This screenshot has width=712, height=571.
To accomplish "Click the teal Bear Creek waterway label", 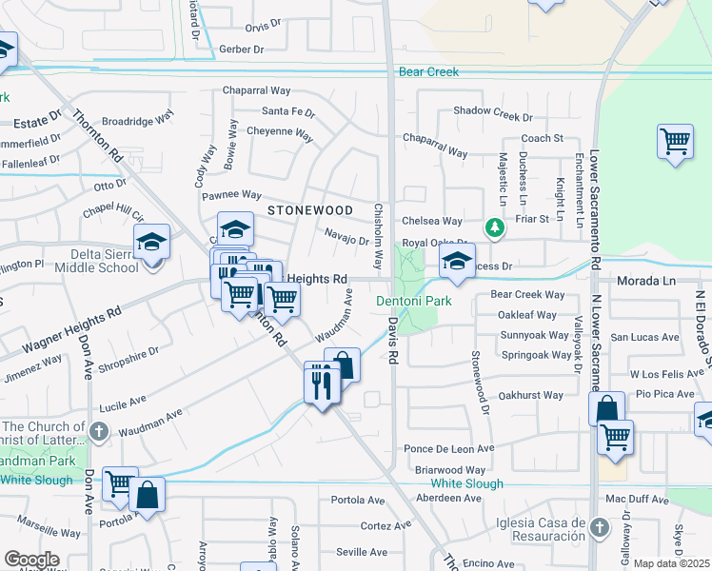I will (428, 72).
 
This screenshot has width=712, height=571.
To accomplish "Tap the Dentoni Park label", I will (414, 302).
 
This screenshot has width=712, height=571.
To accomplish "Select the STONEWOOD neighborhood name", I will (309, 209).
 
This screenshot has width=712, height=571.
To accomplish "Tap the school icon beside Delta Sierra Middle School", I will (151, 243).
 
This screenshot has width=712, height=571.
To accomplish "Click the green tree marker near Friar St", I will (494, 227).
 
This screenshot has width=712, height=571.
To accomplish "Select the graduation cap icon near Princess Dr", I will (457, 263).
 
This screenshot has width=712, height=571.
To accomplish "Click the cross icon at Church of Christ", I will (98, 431).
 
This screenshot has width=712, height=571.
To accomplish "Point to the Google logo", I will (31, 560).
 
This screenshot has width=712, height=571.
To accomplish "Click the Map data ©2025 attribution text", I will (671, 563).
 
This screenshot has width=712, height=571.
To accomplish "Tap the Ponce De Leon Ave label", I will (449, 448).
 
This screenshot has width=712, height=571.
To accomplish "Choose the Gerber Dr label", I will (240, 48).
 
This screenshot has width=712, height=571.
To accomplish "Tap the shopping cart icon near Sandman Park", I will (120, 482).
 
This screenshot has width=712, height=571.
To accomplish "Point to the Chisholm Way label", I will (378, 236).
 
